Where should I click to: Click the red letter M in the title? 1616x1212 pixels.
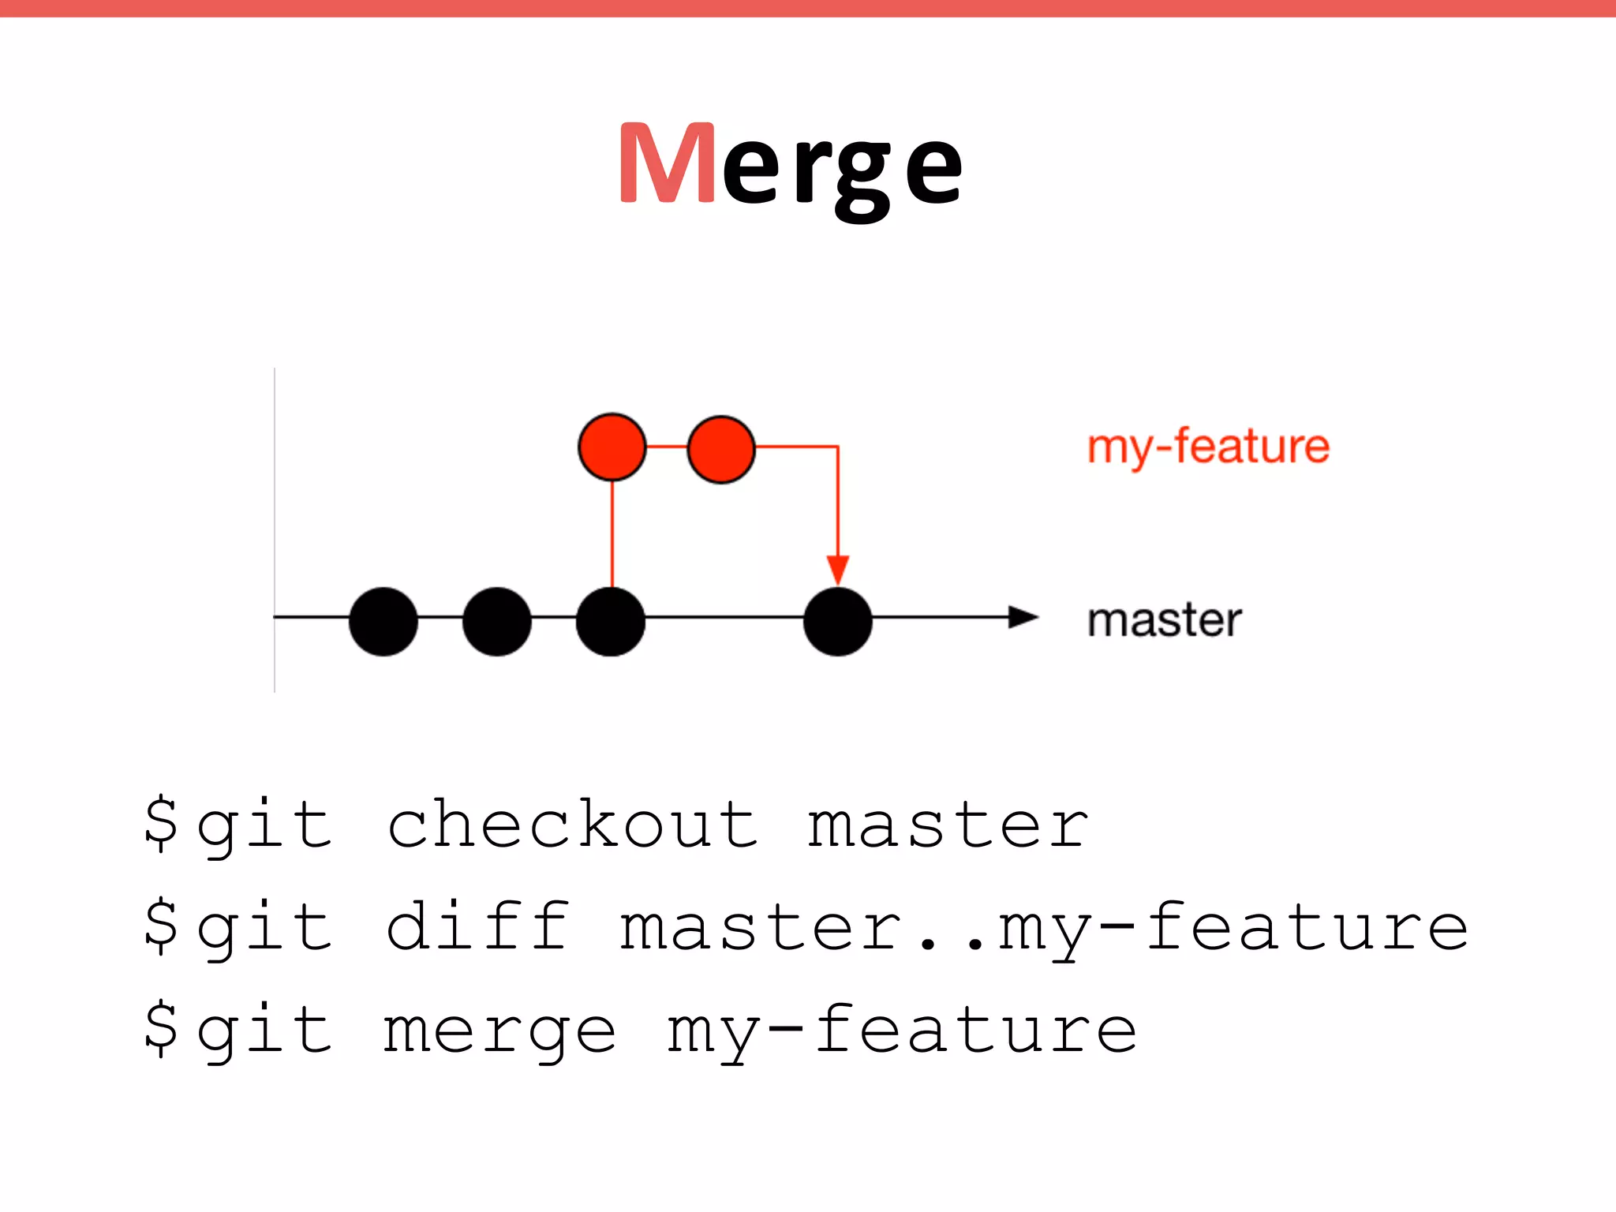tap(667, 163)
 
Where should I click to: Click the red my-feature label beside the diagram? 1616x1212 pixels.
tap(1208, 447)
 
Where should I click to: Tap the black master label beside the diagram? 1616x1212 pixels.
tap(1164, 620)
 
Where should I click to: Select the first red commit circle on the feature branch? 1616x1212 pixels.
tap(612, 447)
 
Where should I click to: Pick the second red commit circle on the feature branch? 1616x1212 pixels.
tap(721, 448)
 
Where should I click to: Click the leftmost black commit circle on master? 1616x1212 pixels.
tap(383, 621)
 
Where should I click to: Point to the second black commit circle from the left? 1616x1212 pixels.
tap(497, 621)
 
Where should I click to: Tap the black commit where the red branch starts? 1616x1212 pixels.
tap(611, 621)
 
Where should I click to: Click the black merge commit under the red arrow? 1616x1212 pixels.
tap(838, 621)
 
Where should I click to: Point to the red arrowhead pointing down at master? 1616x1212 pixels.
tap(838, 569)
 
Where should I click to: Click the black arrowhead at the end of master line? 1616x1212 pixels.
tap(1023, 617)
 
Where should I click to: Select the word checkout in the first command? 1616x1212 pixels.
tap(574, 825)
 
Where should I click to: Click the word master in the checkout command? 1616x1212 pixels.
tap(948, 825)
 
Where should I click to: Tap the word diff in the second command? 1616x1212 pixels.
tap(477, 926)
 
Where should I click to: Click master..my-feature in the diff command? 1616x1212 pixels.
tap(1043, 928)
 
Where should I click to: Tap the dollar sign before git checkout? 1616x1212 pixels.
tap(161, 824)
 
